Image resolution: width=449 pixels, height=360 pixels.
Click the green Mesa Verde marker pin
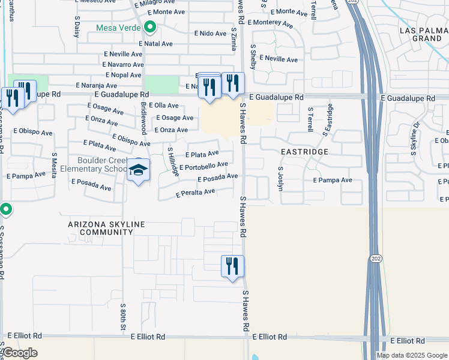[149, 28]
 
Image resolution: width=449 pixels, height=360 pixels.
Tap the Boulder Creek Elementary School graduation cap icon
[139, 172]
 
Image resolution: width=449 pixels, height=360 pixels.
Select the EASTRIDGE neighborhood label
[305, 152]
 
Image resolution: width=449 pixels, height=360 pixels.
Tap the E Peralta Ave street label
[196, 193]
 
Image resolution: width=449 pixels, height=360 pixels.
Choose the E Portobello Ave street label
[203, 166]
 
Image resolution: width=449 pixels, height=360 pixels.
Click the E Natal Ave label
[155, 44]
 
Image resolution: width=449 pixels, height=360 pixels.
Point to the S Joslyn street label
[280, 178]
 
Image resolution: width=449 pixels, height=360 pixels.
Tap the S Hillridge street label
[173, 162]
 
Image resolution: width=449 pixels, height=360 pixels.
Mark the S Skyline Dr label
[415, 139]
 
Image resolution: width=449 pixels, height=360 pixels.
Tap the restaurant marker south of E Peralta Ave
[232, 266]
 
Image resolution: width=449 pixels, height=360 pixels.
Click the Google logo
[20, 353]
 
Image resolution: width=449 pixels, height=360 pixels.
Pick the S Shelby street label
[253, 56]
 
